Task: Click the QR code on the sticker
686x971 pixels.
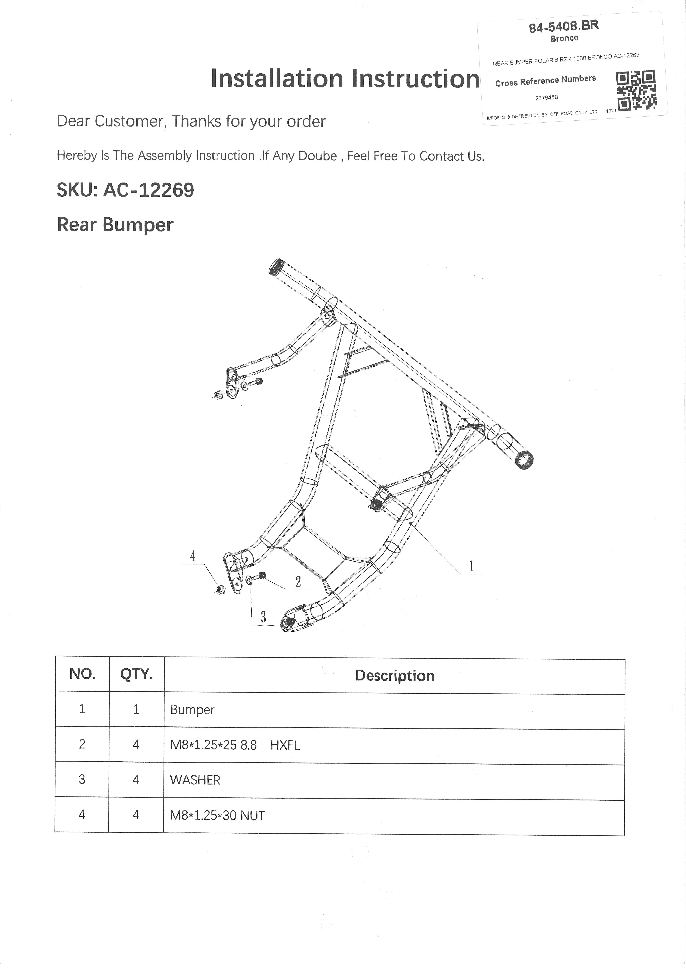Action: pos(636,90)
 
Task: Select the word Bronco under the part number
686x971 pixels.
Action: pos(564,38)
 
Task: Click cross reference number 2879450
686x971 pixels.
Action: pos(546,97)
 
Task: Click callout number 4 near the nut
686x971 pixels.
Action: pos(193,556)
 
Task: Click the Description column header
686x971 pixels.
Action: pos(395,675)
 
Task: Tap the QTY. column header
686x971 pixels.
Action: pos(136,674)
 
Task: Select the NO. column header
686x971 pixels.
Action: pos(82,674)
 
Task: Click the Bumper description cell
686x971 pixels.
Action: pos(192,710)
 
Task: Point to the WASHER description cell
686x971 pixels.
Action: pos(195,780)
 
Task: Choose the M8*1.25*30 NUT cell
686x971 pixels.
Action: pos(217,815)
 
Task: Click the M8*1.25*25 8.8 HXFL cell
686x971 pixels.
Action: pos(235,745)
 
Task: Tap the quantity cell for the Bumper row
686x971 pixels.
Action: pos(136,709)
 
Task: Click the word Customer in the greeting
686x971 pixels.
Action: pos(128,121)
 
